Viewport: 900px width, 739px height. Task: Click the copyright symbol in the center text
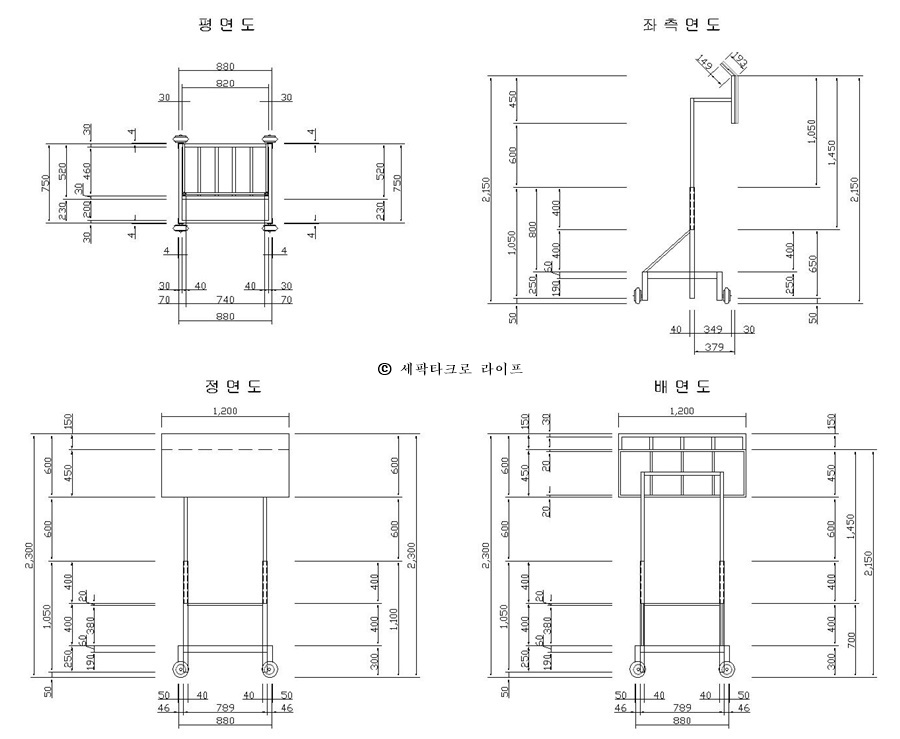pyautogui.click(x=385, y=368)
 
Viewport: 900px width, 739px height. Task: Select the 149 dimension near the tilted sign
pyautogui.click(x=706, y=65)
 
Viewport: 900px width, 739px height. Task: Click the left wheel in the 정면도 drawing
pyautogui.click(x=181, y=670)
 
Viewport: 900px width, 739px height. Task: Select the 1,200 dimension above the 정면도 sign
pyautogui.click(x=225, y=412)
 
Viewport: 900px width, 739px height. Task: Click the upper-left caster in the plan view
pyautogui.click(x=182, y=139)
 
